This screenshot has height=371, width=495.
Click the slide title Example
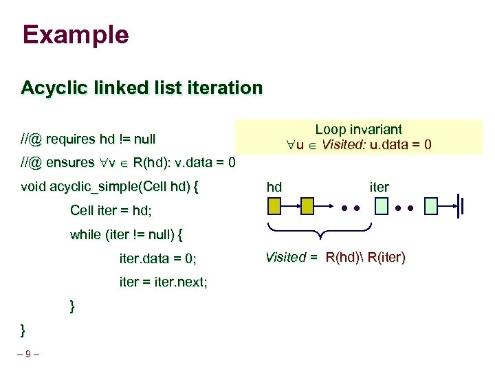click(75, 35)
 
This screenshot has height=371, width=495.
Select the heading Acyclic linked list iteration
click(142, 89)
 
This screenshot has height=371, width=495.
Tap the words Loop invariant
click(358, 129)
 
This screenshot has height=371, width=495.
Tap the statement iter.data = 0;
click(157, 258)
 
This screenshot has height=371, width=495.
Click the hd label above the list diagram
click(274, 187)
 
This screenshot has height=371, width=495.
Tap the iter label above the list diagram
click(379, 187)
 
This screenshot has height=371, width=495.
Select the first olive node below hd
click(274, 205)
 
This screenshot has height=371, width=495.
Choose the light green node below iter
click(381, 205)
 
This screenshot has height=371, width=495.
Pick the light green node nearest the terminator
click(431, 205)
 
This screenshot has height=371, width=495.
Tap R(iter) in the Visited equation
click(386, 258)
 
